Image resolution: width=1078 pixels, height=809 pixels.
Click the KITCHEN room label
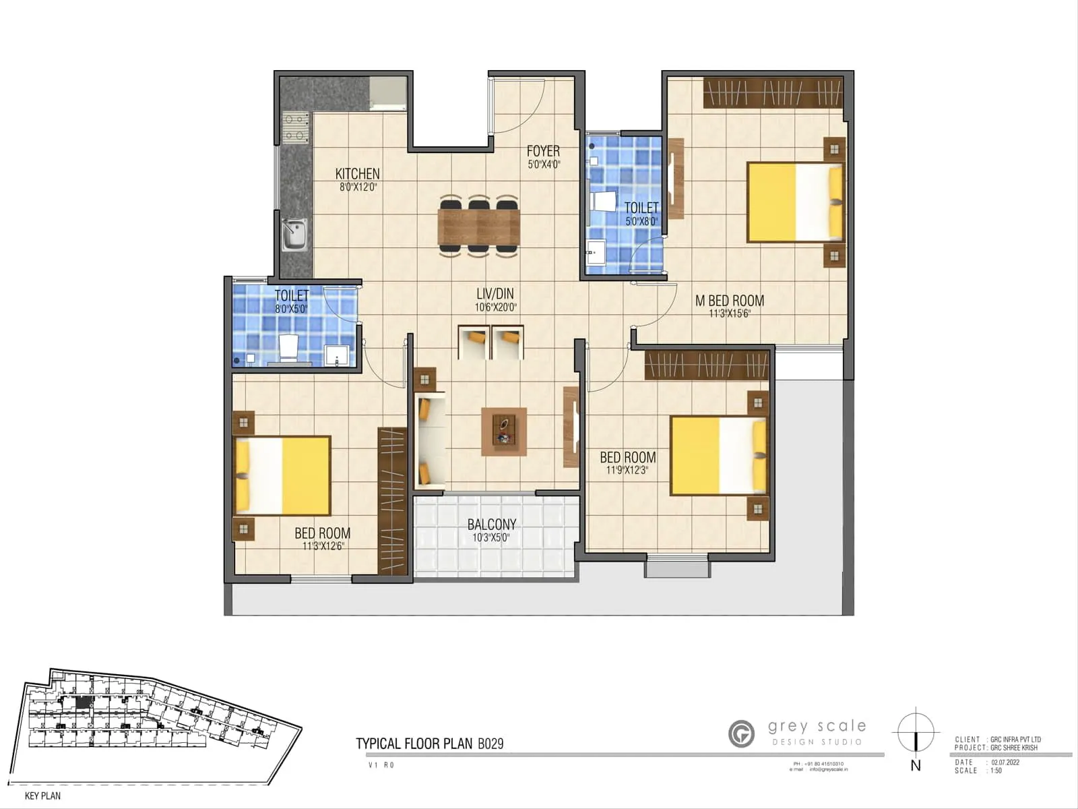(x=357, y=174)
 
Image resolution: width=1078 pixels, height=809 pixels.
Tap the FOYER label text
(x=543, y=151)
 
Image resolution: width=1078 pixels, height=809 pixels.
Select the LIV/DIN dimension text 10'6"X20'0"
(x=495, y=307)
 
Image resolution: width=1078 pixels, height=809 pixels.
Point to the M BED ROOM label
(x=730, y=301)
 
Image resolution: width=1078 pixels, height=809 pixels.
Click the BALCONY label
(x=492, y=524)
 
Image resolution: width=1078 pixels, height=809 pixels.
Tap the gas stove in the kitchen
(x=296, y=127)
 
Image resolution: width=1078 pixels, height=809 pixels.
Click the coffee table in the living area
(x=503, y=431)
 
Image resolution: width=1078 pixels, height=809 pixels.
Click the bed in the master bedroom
(x=795, y=202)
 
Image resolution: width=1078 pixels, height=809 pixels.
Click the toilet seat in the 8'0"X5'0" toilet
(x=289, y=347)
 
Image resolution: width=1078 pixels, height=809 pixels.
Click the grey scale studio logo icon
(x=742, y=733)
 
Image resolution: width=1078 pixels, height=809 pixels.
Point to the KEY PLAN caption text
(x=42, y=796)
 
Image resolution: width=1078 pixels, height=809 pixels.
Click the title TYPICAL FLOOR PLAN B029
(x=429, y=744)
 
